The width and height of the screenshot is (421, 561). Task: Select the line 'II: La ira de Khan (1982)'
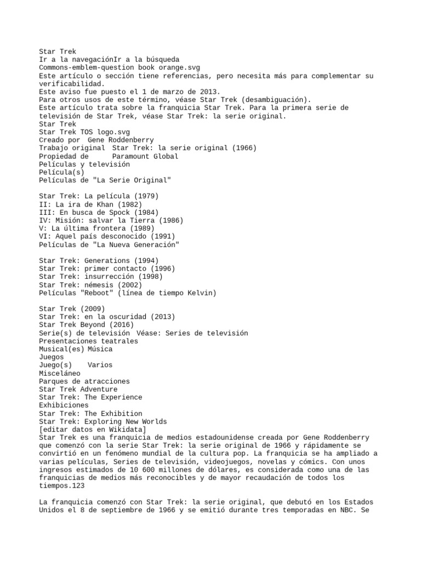pos(93,204)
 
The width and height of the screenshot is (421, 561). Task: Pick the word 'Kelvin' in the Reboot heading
pos(200,293)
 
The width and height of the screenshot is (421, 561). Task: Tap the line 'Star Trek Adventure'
pos(78,390)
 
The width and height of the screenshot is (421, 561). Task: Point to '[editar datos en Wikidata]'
pos(93,430)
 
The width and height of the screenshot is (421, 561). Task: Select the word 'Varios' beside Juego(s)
pos(100,365)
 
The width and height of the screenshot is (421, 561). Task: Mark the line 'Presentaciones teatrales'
pos(88,341)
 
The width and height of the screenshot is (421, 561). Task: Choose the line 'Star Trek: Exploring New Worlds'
pos(103,421)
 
